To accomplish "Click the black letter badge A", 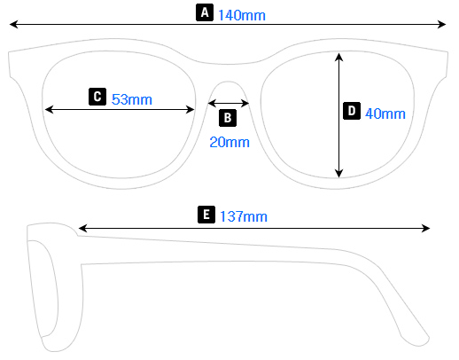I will point(205,12).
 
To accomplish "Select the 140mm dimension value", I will point(241,14).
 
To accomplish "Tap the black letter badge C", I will point(97,97).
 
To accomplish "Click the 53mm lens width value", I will point(132,98).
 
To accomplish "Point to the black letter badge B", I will point(227,117).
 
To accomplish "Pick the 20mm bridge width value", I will point(229,141).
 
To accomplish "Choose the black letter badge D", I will point(351,111).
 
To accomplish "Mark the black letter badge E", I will point(206,215).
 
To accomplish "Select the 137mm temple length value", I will point(243,216).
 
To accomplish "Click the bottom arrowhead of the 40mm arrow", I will point(338,173).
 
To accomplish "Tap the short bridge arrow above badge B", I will point(229,103).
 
